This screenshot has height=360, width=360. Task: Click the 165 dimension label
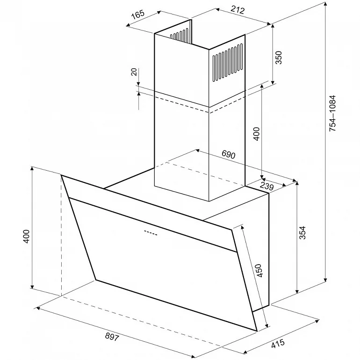tap(138, 14)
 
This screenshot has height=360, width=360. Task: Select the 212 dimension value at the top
tap(238, 9)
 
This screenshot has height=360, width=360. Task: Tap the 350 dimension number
tap(278, 58)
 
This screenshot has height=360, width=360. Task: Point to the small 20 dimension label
tap(135, 72)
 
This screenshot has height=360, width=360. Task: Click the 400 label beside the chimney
tap(256, 134)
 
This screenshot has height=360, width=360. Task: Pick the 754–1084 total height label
tap(332, 114)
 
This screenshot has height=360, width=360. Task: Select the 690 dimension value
tap(229, 154)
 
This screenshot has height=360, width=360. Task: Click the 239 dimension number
tap(267, 186)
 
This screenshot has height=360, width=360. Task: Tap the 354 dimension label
tap(302, 233)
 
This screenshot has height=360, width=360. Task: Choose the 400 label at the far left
tap(26, 236)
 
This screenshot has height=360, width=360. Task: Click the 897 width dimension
tap(112, 337)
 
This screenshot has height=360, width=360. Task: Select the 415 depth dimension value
tap(278, 344)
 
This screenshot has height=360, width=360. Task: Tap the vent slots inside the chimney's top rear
tap(180, 34)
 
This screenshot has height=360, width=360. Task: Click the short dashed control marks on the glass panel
tap(151, 232)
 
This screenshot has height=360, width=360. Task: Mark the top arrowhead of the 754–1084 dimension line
tap(325, 5)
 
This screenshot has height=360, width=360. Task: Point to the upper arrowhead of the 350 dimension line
tap(273, 26)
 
